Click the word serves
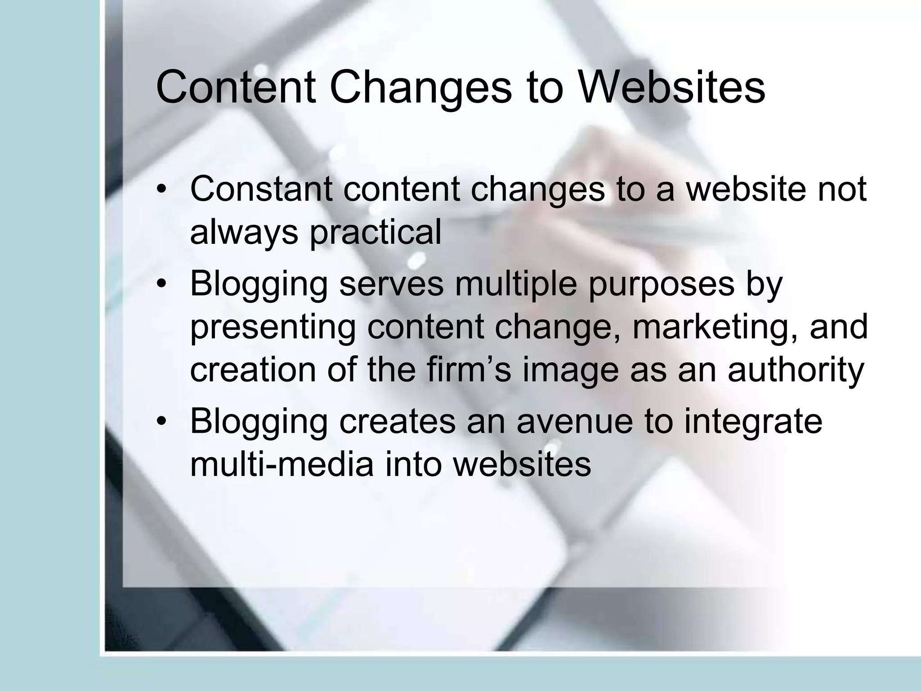[x=391, y=284]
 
